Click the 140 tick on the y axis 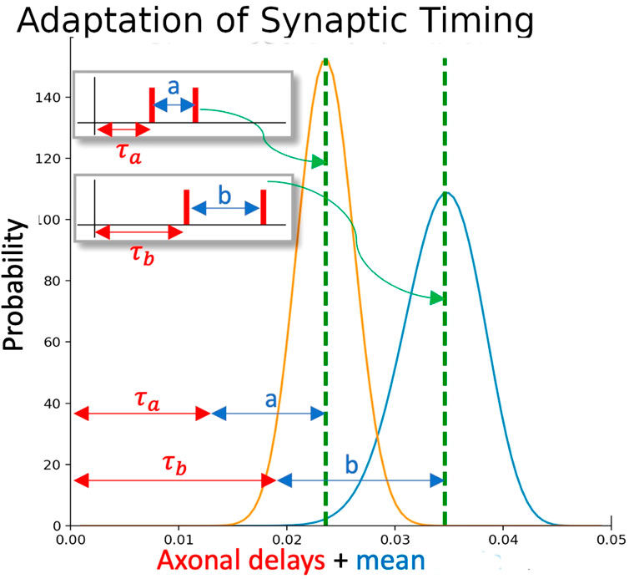pyautogui.click(x=57, y=98)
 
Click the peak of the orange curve pyautogui.click(x=325, y=60)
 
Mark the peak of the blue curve pyautogui.click(x=446, y=193)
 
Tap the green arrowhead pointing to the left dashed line pyautogui.click(x=319, y=161)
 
